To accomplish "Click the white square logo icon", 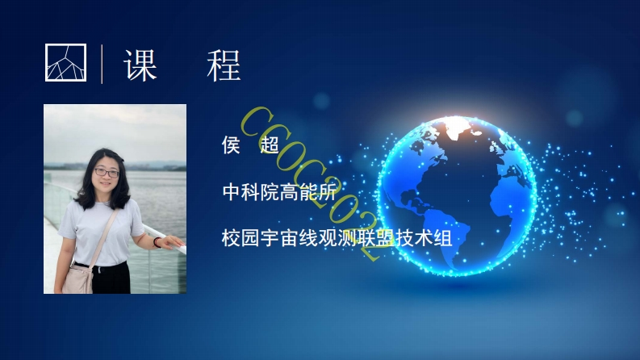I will coord(65,62).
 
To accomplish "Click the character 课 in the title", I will coord(140,64).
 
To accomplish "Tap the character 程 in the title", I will coord(224,64).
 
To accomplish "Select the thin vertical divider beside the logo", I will coord(102,64).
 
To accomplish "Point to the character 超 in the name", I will coord(270,146).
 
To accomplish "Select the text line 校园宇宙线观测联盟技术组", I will coord(335,238).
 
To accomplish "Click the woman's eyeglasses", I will coord(106,172).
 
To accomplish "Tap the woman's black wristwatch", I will coord(157,241).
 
